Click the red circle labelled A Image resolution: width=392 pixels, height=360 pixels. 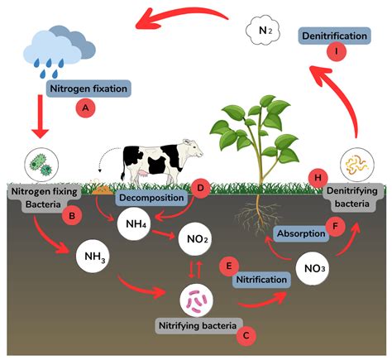pyautogui.click(x=82, y=107)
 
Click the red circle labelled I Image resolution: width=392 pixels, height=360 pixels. pyautogui.click(x=337, y=51)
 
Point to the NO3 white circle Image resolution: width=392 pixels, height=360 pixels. pyautogui.click(x=313, y=269)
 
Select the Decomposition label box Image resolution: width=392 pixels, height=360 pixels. pyautogui.click(x=150, y=199)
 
